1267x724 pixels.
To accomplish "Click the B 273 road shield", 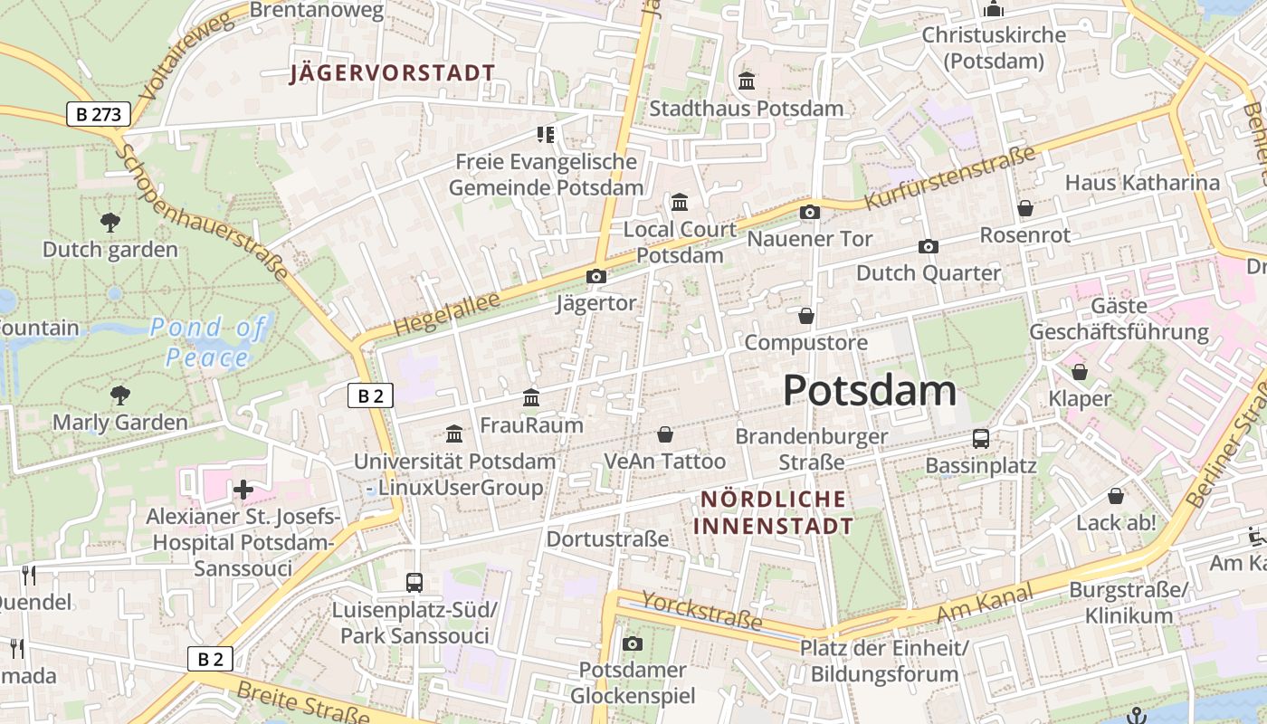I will (99, 114).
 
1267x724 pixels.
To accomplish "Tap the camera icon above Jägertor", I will (596, 276).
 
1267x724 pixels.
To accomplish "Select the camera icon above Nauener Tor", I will (810, 212).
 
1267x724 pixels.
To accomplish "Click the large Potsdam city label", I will (869, 390).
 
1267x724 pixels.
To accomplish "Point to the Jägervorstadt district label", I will (393, 73).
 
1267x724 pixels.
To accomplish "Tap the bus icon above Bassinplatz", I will (980, 439).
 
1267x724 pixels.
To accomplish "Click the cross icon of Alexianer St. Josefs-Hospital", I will (243, 490).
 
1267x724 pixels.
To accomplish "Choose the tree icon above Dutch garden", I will (110, 222).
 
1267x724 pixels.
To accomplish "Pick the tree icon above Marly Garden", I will (119, 395).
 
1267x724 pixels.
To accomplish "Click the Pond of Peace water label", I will (208, 341).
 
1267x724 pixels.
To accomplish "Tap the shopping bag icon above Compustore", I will (805, 316).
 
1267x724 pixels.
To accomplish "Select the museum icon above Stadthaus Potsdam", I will (747, 81).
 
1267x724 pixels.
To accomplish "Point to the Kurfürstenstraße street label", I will (950, 178).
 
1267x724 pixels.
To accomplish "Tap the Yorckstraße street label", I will (702, 611).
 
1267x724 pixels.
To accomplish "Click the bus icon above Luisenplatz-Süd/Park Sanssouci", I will (414, 582).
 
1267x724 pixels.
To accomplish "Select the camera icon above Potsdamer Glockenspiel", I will (633, 643).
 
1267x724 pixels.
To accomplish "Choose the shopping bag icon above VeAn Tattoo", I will (665, 434).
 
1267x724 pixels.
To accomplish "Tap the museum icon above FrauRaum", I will (531, 397).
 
